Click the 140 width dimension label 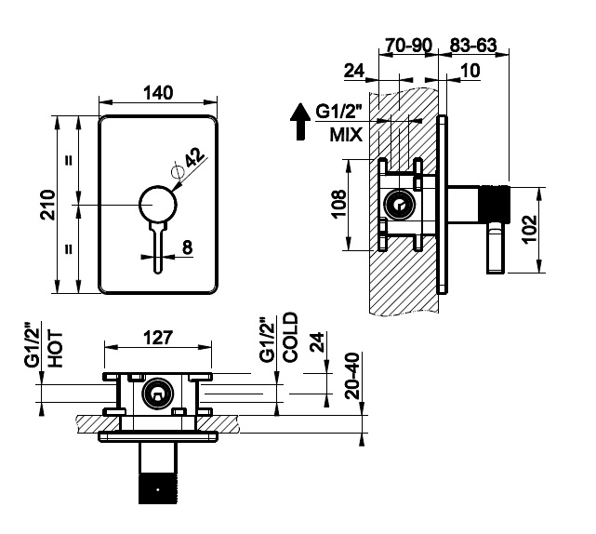tap(158, 93)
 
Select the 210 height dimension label tap(48, 205)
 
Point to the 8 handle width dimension tap(188, 247)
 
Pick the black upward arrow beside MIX tap(300, 122)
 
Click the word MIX tap(346, 135)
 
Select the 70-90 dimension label tap(408, 46)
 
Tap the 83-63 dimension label tap(473, 46)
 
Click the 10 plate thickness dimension tap(470, 71)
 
